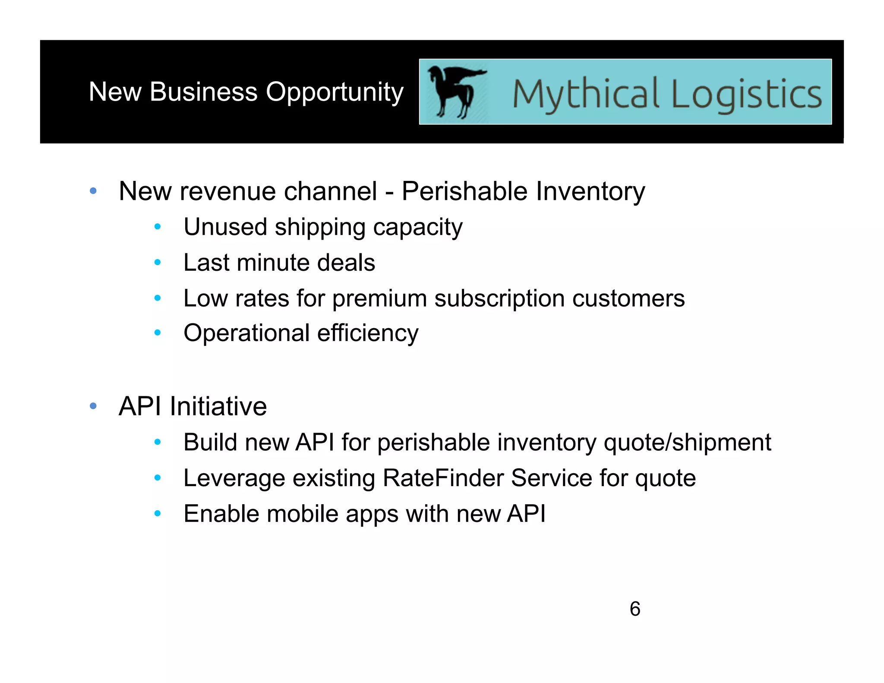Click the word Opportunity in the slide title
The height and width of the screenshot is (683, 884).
click(x=335, y=92)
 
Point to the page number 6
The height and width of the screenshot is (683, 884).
click(x=635, y=609)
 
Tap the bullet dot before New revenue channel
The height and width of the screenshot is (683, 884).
click(x=93, y=191)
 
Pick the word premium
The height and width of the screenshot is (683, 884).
click(x=379, y=299)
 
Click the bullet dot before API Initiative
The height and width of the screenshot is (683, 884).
click(x=93, y=406)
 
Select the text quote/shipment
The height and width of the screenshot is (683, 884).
click(x=687, y=443)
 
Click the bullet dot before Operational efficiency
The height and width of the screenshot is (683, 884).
click(x=158, y=332)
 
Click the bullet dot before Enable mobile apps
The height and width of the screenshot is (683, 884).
click(x=158, y=513)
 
